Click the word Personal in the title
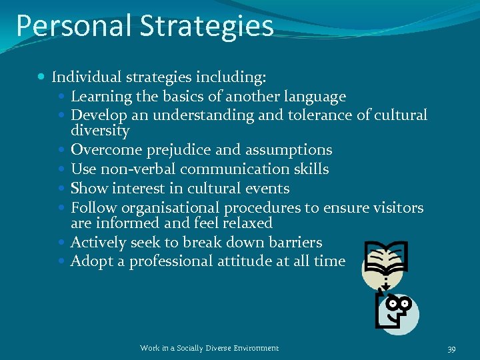coord(73,26)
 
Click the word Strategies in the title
coord(206,27)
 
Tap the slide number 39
coord(451,349)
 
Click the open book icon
coord(386,261)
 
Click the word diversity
coord(100,131)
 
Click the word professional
coord(171,261)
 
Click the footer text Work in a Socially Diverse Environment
coord(209,348)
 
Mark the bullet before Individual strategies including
coord(43,77)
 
